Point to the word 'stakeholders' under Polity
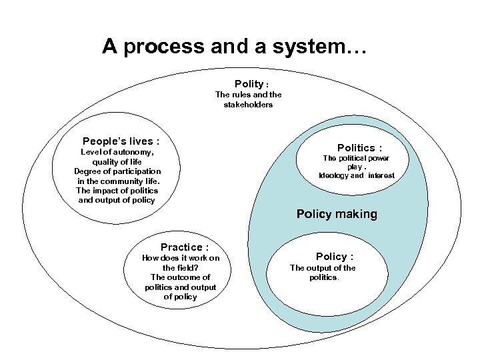(x=248, y=105)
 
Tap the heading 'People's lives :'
(x=121, y=141)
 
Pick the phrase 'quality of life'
(x=118, y=162)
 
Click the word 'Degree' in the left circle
(x=87, y=171)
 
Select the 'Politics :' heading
(x=359, y=147)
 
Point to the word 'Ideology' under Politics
(x=333, y=175)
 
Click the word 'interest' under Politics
(x=381, y=175)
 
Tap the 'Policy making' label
(x=337, y=214)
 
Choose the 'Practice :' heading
(x=181, y=247)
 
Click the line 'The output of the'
(x=322, y=268)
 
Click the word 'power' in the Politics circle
(x=377, y=158)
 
